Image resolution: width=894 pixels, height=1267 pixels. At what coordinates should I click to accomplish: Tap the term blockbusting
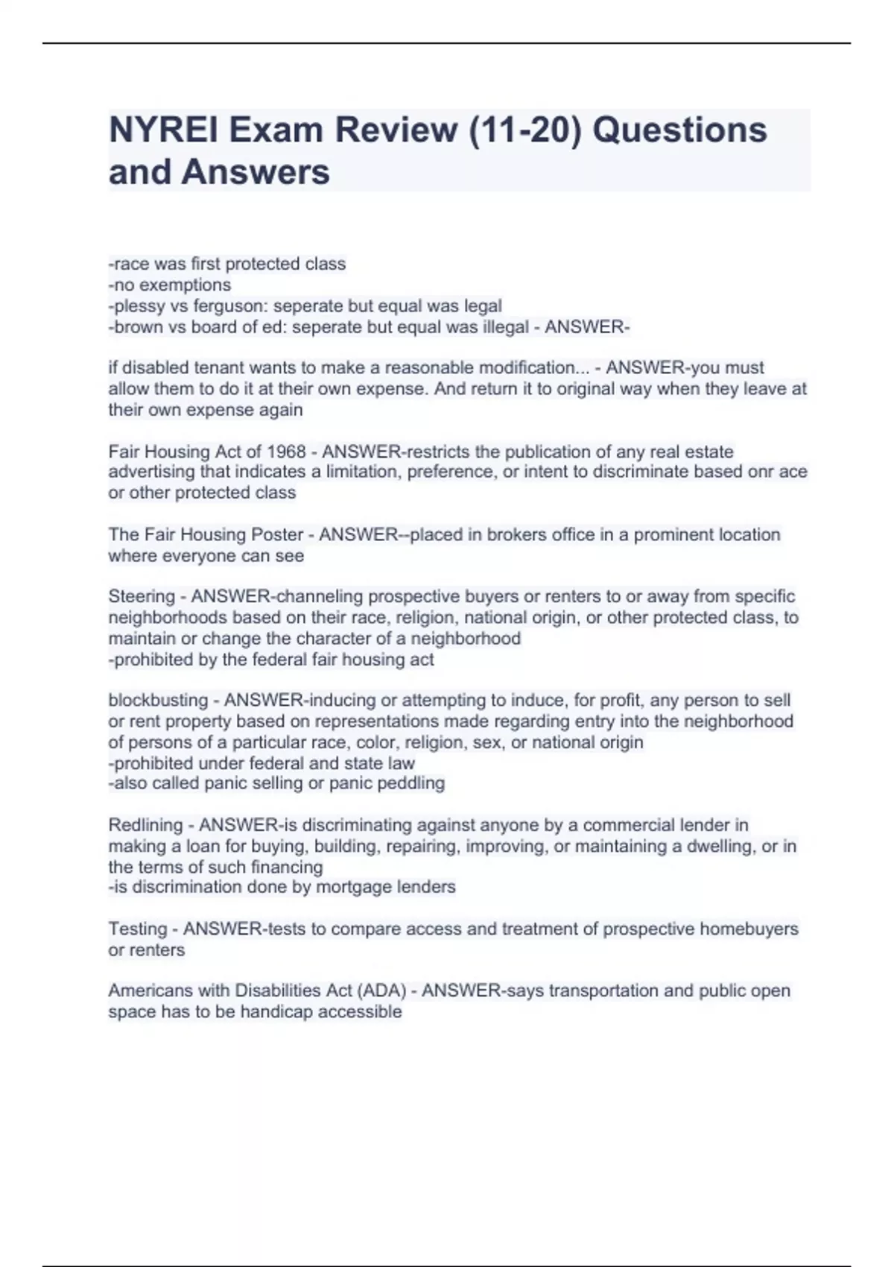click(158, 701)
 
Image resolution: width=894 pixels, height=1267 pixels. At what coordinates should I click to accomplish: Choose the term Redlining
click(145, 826)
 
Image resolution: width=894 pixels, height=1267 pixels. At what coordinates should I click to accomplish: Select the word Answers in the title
click(256, 172)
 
